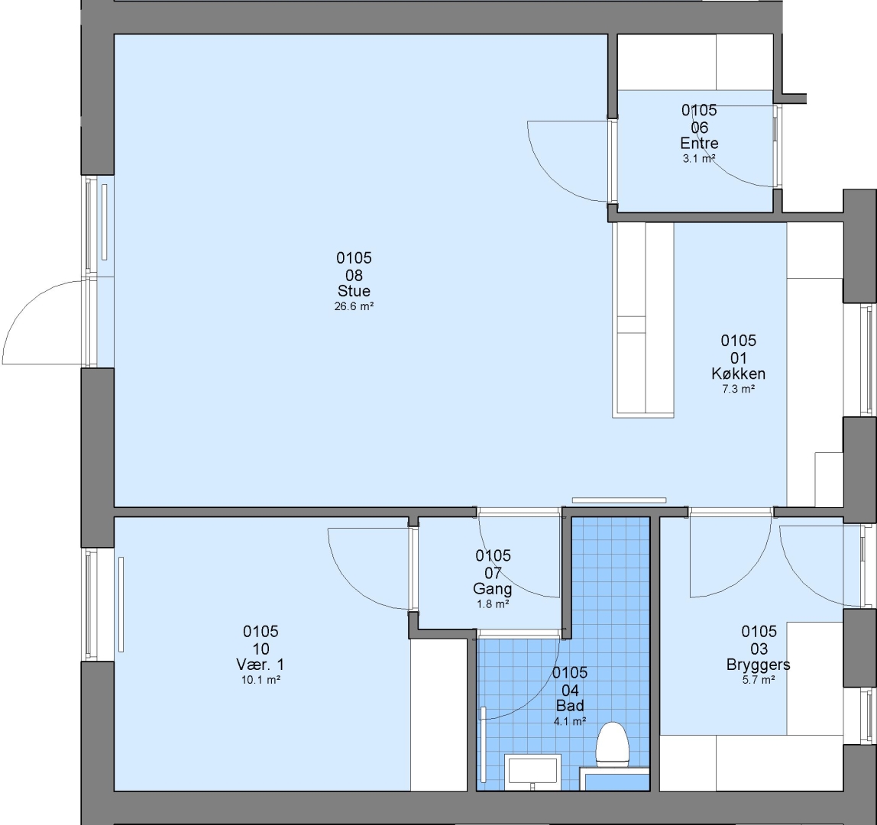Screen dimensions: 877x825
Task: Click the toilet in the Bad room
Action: (x=613, y=744)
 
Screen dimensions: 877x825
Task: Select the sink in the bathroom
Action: (x=532, y=771)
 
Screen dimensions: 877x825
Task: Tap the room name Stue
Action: (x=354, y=291)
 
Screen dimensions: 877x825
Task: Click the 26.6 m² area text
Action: (x=354, y=306)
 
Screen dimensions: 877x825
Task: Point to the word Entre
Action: (x=699, y=143)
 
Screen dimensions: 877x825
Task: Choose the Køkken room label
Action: (x=738, y=374)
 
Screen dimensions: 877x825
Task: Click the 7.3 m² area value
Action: (x=738, y=390)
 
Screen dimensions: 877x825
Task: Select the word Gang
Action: (x=492, y=588)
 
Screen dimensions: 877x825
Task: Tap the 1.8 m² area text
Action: (x=493, y=604)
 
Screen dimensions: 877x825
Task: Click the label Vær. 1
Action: (x=260, y=665)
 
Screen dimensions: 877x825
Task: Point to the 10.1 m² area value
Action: (x=261, y=680)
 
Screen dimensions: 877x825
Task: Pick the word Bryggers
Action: (x=759, y=665)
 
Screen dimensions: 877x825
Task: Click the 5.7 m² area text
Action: (x=759, y=680)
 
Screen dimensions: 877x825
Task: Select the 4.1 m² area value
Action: (x=570, y=722)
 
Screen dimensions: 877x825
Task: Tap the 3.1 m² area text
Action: (x=699, y=159)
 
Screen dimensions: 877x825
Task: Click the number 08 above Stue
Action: (x=354, y=275)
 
